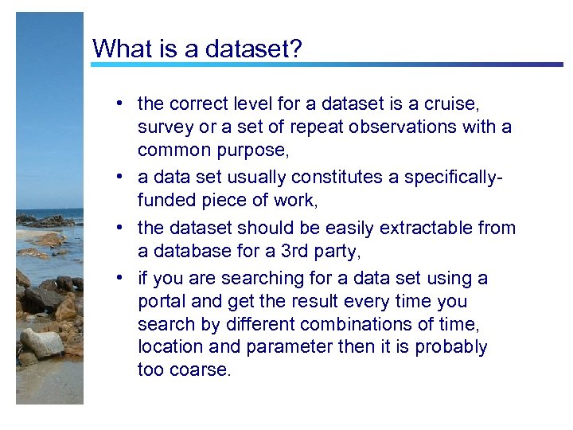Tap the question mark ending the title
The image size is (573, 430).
click(x=296, y=49)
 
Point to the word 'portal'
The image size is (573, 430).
click(x=162, y=302)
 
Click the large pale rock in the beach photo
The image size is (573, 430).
click(x=41, y=343)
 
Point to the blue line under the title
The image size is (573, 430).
click(x=326, y=64)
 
